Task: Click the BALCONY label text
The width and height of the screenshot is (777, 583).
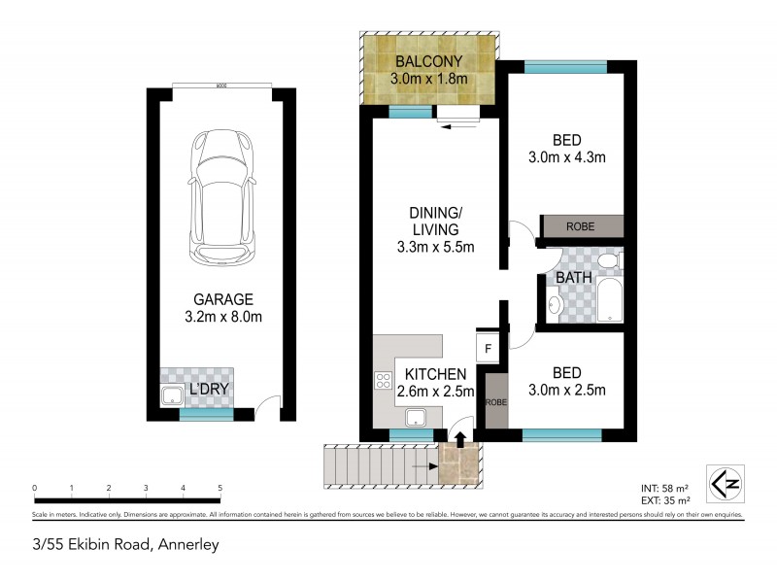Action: point(427,60)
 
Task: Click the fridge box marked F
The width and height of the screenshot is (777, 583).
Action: point(487,348)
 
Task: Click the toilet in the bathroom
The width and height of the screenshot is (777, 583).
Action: point(606,261)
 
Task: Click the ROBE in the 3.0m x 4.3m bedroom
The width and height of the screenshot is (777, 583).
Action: point(581,226)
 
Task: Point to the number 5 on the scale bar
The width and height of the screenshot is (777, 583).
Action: point(220,488)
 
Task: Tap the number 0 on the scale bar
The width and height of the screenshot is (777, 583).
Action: point(34,488)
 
